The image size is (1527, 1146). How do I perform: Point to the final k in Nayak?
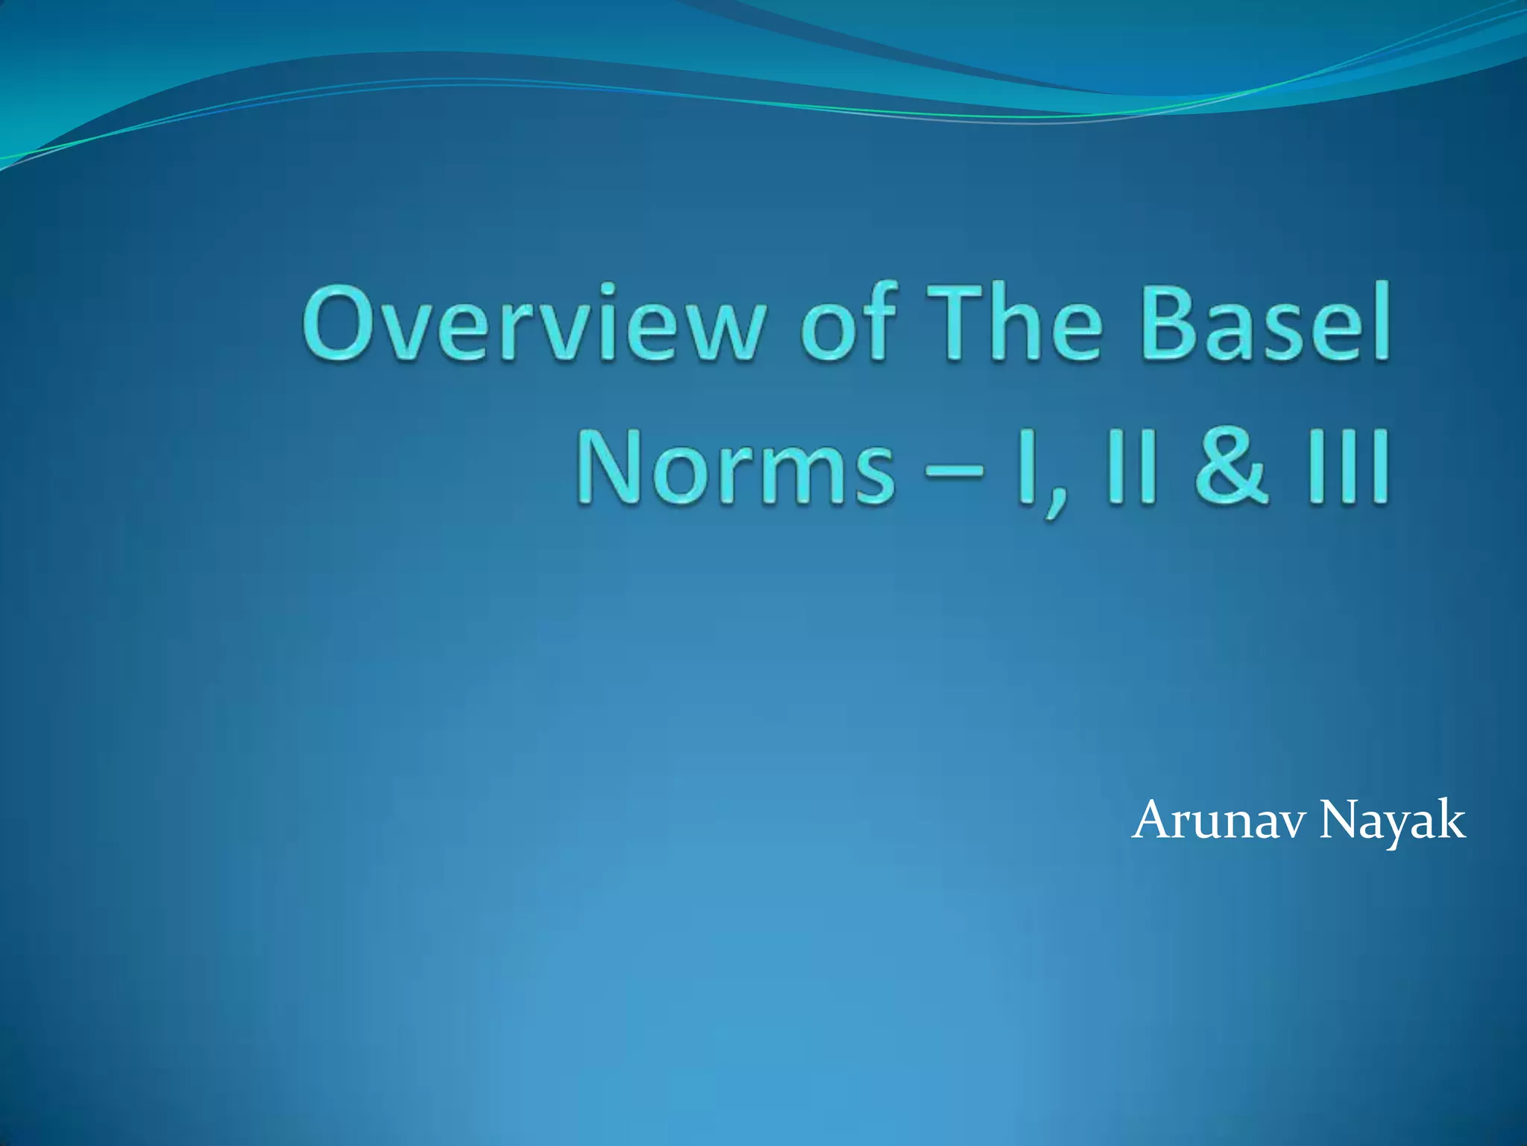pyautogui.click(x=1449, y=821)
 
